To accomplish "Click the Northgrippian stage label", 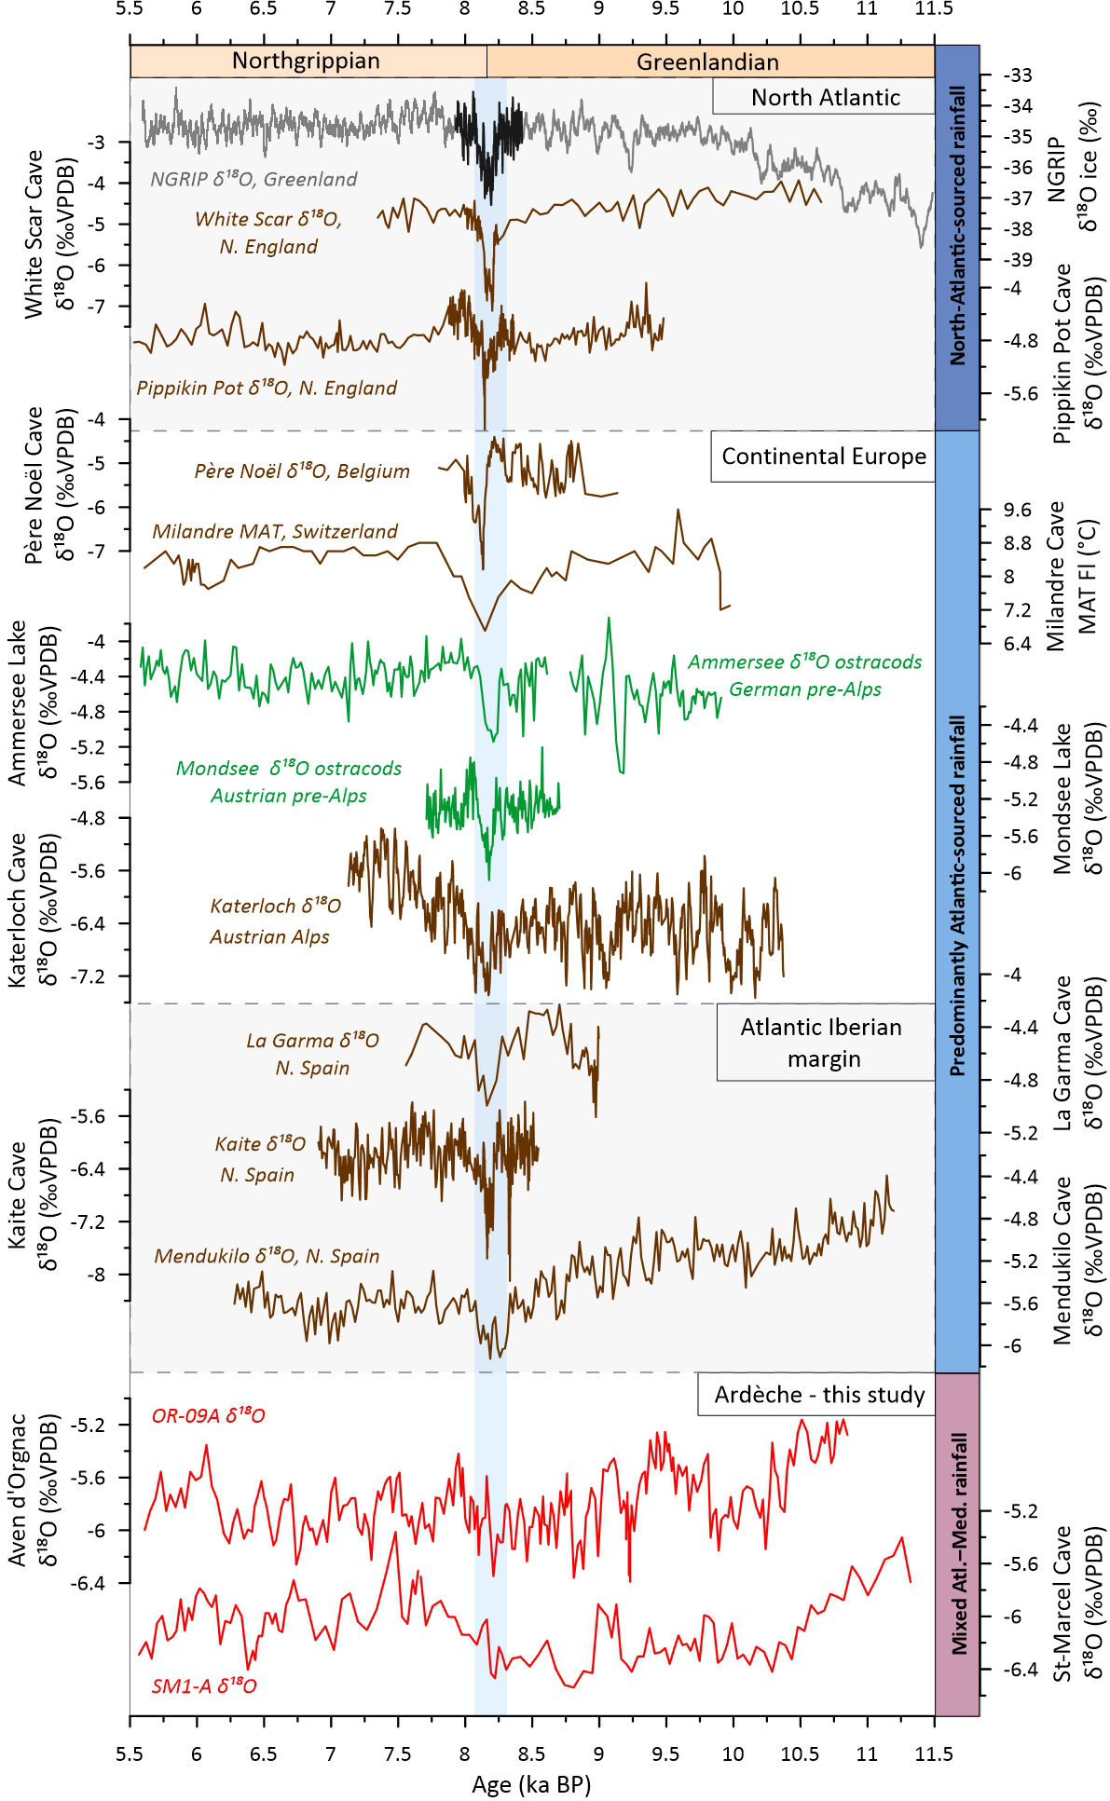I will click(306, 61).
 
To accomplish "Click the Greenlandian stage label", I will click(707, 62).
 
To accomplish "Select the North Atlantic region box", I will click(825, 97).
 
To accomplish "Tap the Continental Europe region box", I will click(824, 457).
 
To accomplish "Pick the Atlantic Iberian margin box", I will click(824, 1043).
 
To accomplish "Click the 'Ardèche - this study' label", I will click(818, 1395).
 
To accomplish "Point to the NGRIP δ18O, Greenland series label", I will click(254, 179).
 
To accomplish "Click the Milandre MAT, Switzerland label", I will click(275, 531).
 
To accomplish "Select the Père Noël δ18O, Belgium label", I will click(302, 471).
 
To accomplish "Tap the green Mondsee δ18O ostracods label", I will click(289, 782).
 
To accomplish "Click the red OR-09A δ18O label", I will click(208, 1416).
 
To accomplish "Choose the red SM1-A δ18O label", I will click(204, 1685).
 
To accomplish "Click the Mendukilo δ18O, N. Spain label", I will click(267, 1256).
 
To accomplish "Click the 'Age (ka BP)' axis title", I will click(531, 1784).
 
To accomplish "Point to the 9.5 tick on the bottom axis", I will click(665, 1753).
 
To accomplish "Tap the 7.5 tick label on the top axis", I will click(397, 8).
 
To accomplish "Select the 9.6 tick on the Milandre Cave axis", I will click(1017, 510).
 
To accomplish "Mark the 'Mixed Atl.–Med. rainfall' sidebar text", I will click(958, 1543).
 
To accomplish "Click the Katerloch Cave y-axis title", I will click(29, 909).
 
